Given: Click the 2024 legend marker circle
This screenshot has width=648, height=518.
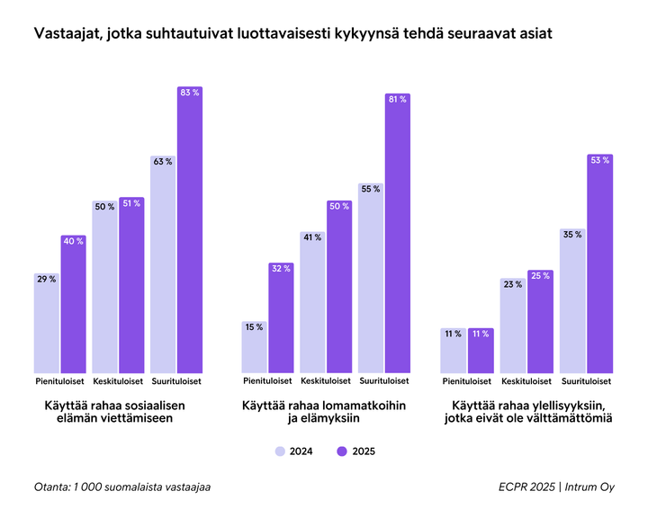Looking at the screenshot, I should click(x=281, y=451).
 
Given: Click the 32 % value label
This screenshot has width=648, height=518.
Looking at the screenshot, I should click(x=282, y=268).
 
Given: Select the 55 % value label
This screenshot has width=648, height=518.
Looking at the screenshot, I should click(x=371, y=189).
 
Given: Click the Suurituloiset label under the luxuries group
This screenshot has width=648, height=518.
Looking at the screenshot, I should click(x=586, y=381).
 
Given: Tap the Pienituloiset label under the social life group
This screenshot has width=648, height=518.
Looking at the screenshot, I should click(x=60, y=381).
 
